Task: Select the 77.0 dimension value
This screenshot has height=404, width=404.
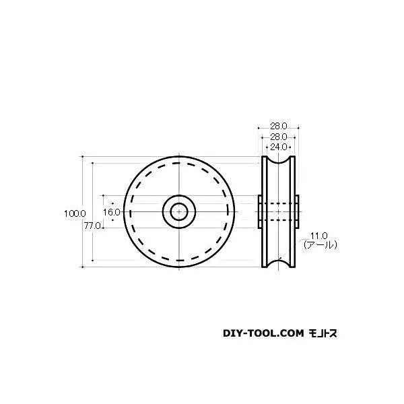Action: [92, 227]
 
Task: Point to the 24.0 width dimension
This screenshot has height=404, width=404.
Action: [279, 146]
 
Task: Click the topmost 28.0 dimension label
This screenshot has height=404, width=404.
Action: [279, 126]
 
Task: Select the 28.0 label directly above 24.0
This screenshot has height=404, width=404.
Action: [279, 136]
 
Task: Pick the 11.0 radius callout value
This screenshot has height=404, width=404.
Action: [318, 236]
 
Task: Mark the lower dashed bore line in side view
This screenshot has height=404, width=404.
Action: [279, 220]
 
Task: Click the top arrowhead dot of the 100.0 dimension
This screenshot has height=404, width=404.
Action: [82, 157]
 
